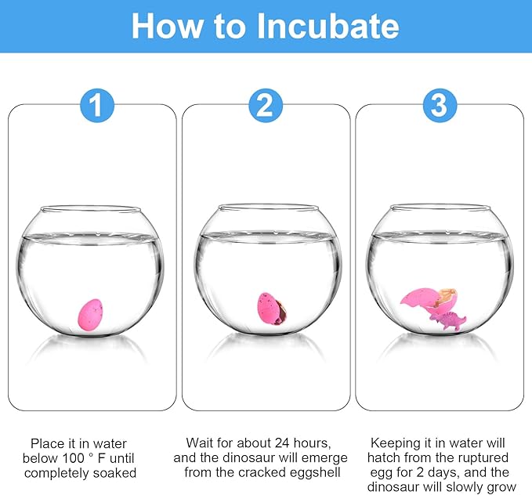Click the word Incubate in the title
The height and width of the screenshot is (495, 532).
coord(328,27)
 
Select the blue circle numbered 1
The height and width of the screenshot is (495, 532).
coord(97,105)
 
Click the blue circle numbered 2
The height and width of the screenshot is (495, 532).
coord(266,105)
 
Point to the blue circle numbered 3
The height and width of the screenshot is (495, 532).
coord(440,105)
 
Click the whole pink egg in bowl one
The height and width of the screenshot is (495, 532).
coord(90,315)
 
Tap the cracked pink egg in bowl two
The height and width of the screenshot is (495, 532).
coord(271,309)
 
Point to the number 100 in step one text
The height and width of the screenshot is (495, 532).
coord(73,458)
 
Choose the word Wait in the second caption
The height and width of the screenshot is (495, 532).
coord(200,443)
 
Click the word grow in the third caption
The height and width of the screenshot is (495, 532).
coord(501,487)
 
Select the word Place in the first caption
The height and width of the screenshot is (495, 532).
coord(47,443)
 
